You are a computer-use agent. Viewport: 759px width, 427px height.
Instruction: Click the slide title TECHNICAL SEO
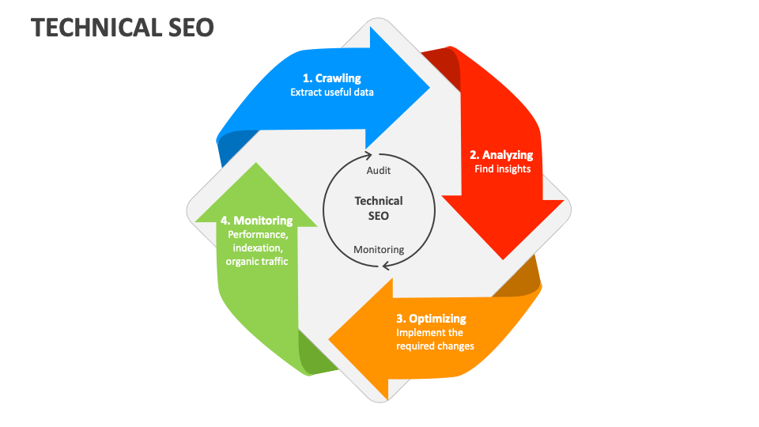tap(122, 27)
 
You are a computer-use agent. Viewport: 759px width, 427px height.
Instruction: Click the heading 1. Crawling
tap(331, 77)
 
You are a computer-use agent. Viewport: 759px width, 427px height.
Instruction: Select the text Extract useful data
tap(331, 92)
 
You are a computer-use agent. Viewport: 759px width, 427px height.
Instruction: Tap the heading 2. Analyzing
tap(501, 154)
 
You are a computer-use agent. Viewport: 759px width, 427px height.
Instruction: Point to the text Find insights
tap(502, 168)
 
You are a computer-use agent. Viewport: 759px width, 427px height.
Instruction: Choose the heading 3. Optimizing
tap(431, 319)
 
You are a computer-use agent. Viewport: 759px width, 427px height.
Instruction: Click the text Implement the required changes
tap(435, 339)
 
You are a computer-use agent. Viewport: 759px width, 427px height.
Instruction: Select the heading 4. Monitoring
tap(257, 221)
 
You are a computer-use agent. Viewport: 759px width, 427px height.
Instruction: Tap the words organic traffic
tap(257, 262)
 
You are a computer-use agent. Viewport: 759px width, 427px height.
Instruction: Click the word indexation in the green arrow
tap(257, 248)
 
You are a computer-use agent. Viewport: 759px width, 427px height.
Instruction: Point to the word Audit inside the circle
tap(379, 170)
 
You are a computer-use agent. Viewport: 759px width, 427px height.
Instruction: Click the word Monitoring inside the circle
tap(379, 249)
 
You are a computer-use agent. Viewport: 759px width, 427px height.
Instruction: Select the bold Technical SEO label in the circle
tap(379, 208)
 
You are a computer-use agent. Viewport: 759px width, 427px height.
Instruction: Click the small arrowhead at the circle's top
tap(368, 153)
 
